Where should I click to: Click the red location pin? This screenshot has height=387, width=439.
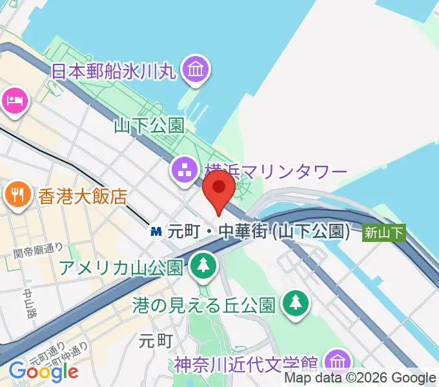pos(219,188)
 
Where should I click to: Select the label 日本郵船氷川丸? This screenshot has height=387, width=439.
pos(114,70)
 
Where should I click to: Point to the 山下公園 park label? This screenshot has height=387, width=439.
pos(149,124)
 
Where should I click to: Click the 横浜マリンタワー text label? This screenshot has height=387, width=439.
pos(276,172)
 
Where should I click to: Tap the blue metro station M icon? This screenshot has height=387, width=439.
pos(156,231)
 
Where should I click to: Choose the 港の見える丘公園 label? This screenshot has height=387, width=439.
pos(205,303)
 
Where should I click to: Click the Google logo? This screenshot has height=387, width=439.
pos(43,371)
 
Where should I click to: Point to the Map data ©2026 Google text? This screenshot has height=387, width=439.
pos(360,378)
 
